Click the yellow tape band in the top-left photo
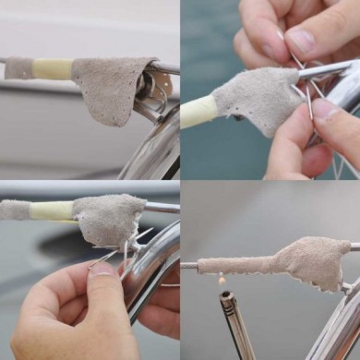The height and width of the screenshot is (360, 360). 53,69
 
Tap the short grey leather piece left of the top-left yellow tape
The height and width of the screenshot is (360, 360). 18,68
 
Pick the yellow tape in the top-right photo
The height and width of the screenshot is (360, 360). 198,112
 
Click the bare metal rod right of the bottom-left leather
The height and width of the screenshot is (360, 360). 162,208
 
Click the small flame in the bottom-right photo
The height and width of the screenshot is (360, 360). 221,279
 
